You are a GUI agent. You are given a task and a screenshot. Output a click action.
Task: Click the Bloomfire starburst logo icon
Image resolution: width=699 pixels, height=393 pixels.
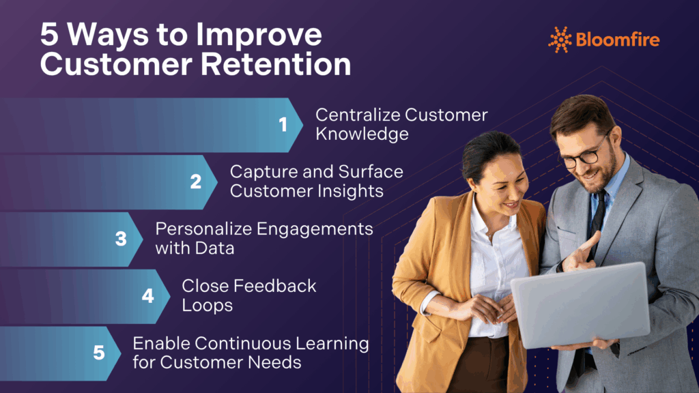[560, 40]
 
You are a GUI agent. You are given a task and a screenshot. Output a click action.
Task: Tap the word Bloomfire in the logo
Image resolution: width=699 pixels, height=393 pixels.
[618, 40]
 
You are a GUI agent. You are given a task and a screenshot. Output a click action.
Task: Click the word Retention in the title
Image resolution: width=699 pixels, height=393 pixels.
[276, 64]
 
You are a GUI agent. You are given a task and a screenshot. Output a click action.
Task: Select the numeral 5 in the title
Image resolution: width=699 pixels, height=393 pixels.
[49, 34]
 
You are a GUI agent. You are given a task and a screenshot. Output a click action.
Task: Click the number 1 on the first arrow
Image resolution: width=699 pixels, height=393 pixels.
[283, 124]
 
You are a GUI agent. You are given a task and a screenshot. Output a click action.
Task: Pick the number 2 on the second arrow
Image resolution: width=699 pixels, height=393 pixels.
[196, 181]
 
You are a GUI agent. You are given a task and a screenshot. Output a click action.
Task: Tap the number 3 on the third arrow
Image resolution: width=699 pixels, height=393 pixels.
[121, 239]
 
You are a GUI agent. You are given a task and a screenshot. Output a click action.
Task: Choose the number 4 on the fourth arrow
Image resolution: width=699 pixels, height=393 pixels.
[148, 296]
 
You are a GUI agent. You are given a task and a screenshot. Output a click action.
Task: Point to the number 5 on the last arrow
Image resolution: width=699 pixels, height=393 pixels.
[99, 353]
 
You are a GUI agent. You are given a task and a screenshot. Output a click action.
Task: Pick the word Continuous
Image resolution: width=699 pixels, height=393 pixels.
[242, 344]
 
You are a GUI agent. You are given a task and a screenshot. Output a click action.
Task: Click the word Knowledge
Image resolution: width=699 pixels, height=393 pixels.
[362, 134]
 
